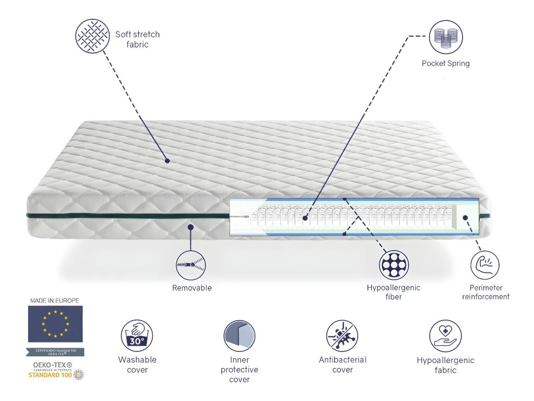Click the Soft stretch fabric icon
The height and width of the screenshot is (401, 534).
(92, 36)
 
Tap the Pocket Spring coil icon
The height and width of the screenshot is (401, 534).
(446, 37)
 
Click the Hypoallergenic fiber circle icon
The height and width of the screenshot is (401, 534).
(394, 265)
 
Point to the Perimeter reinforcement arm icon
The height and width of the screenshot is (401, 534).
(485, 265)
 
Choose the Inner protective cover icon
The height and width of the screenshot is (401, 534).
(239, 336)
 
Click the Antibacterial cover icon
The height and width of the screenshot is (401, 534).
(342, 335)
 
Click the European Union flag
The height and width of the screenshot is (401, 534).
(55, 324)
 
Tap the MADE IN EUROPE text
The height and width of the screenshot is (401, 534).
(54, 301)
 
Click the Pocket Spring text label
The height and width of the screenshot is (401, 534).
(446, 64)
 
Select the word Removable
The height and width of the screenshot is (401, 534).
(192, 288)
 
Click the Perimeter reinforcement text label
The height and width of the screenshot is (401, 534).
(486, 292)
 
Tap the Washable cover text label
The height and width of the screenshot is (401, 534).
(137, 364)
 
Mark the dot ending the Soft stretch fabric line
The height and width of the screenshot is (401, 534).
(167, 161)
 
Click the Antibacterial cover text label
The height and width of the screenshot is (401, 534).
(343, 364)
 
